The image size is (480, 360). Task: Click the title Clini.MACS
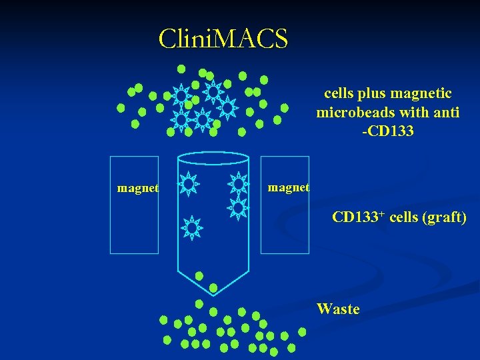[x=223, y=39]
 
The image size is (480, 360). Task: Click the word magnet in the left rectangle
[x=137, y=189]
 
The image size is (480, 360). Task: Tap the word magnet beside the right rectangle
[x=288, y=188]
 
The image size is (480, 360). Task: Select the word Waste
[x=338, y=309]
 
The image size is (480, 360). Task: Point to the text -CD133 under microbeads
[x=387, y=131]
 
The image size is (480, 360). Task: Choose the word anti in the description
[x=446, y=113]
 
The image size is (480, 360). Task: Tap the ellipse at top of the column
[x=214, y=158]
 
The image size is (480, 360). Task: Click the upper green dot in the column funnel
[x=199, y=276]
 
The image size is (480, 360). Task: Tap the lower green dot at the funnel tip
[x=213, y=288]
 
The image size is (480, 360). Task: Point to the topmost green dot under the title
[x=181, y=69]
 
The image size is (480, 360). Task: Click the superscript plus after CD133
[x=381, y=213]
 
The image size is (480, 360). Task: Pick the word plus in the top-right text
[x=377, y=94]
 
